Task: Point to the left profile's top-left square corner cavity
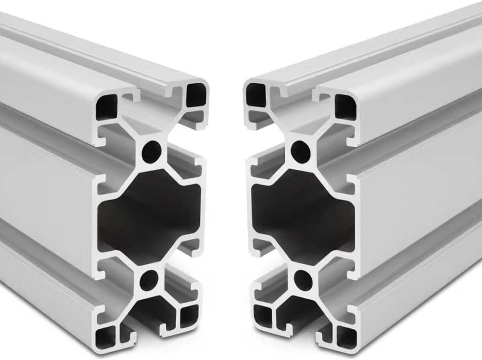pos(106,106)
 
